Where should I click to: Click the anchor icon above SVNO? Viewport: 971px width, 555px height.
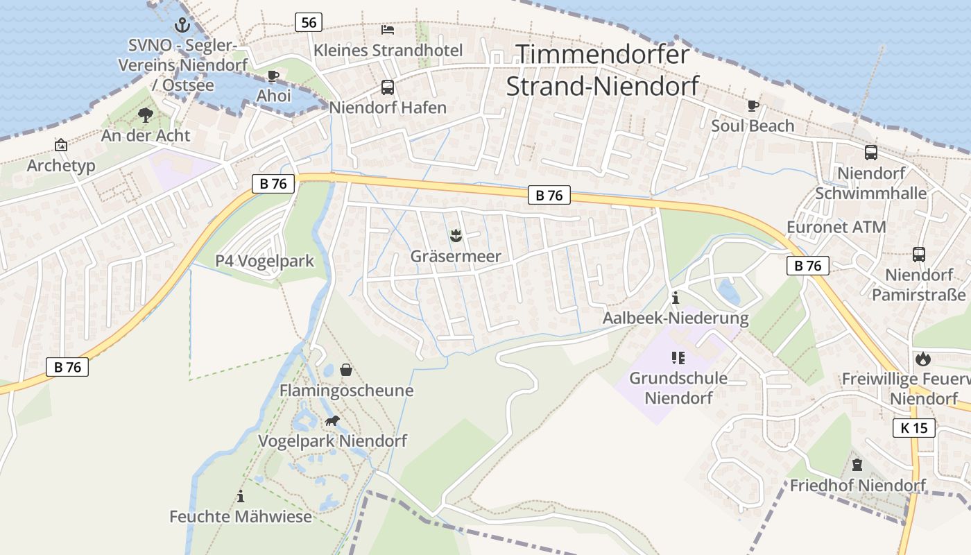(182, 26)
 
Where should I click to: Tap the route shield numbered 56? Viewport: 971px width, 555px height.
(309, 22)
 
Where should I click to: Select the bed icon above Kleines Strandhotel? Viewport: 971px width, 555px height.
(388, 30)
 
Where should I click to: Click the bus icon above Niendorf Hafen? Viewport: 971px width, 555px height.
(388, 87)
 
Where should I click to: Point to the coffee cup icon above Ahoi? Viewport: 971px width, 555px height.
(273, 76)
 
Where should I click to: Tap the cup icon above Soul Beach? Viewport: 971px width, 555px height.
(753, 105)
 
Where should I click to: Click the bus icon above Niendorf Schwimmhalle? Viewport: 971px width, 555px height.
(871, 153)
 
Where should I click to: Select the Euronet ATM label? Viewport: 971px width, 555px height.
(836, 227)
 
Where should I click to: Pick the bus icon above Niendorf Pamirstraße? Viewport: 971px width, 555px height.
(919, 255)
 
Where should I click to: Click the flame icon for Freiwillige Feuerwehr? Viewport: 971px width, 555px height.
(922, 359)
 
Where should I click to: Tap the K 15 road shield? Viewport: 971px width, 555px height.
(914, 428)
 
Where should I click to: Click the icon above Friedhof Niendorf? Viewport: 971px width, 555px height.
(857, 464)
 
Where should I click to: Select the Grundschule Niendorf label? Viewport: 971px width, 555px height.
(678, 388)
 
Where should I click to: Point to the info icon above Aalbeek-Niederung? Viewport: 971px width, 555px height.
(676, 298)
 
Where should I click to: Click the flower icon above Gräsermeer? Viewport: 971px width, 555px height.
(456, 236)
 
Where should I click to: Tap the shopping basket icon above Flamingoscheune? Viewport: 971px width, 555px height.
(346, 370)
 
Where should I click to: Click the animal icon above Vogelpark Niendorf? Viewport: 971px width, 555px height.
(333, 420)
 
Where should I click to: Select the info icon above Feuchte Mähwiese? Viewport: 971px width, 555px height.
(241, 496)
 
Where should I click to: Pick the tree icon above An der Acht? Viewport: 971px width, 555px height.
(146, 114)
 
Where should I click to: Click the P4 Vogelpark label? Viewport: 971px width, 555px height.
(264, 261)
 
